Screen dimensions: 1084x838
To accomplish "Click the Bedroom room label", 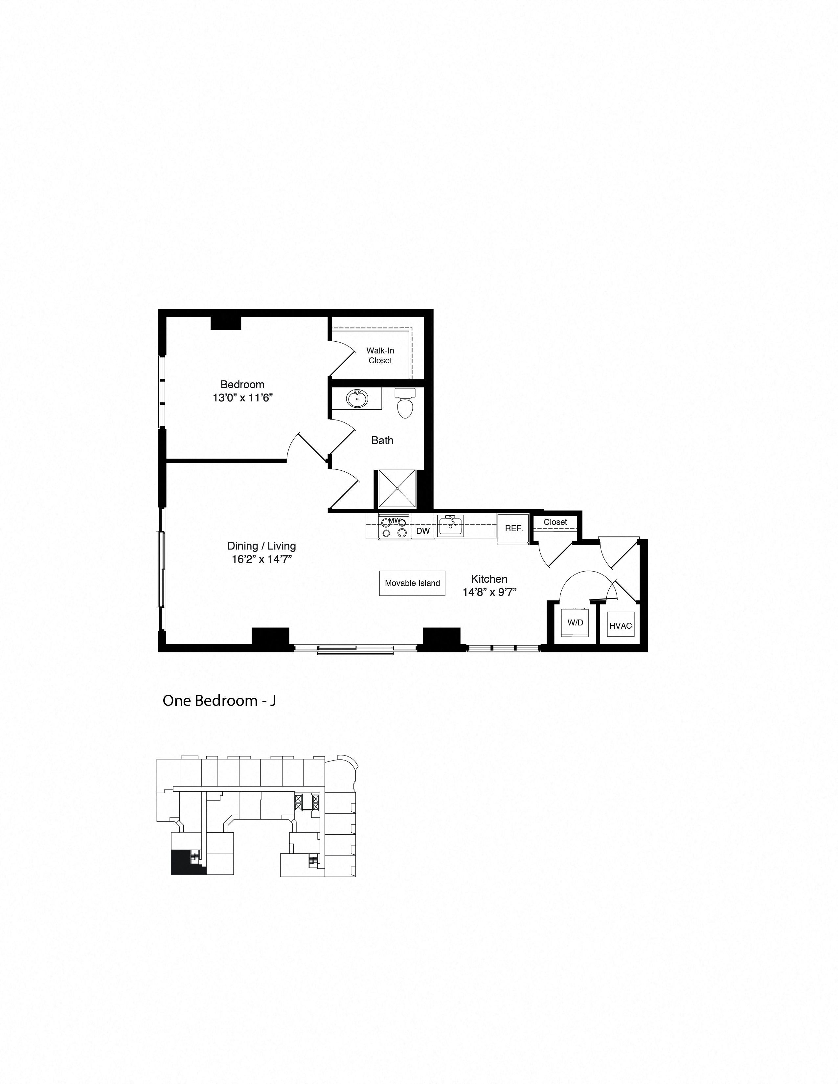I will click(242, 384).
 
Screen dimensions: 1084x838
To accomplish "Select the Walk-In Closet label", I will click(380, 355).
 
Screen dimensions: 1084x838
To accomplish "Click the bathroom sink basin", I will click(356, 398).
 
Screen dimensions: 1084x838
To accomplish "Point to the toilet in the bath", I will click(405, 404).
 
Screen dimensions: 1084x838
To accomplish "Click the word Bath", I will click(382, 440).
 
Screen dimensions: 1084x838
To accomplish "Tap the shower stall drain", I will click(397, 488).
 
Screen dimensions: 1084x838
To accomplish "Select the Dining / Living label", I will click(261, 546).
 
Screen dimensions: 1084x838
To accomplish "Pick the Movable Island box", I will click(412, 583).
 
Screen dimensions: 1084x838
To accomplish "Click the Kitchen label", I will click(489, 579).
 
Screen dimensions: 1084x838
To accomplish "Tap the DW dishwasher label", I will click(423, 531).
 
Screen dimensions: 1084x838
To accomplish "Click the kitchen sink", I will click(451, 526).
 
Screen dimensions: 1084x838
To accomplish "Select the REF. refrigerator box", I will click(514, 528).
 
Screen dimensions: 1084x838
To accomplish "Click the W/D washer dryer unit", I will click(576, 622).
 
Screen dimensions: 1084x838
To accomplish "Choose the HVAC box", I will click(621, 626).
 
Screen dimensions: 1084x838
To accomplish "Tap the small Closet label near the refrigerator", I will click(555, 522).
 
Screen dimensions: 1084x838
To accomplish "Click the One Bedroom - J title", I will click(219, 700).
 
